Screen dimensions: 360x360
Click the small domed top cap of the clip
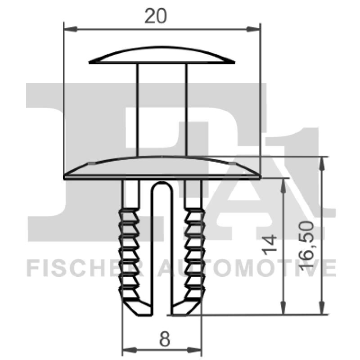coord(162,57)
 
